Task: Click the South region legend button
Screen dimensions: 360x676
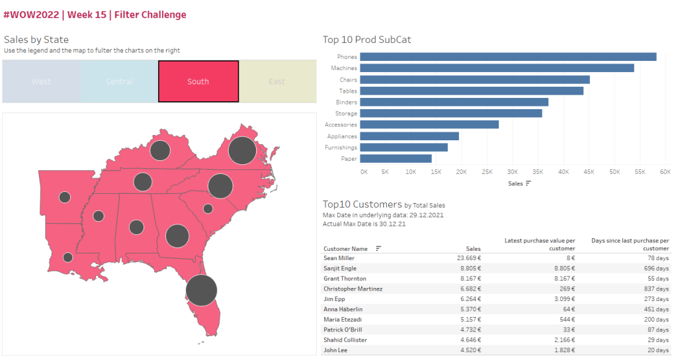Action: (x=198, y=81)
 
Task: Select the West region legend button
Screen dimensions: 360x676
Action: (x=41, y=81)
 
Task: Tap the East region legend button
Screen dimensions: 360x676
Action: (x=276, y=81)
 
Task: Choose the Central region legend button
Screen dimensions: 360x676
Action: (x=119, y=81)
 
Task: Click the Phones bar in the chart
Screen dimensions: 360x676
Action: (x=509, y=57)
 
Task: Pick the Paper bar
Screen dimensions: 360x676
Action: (x=396, y=159)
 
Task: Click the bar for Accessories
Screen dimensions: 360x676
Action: (x=430, y=124)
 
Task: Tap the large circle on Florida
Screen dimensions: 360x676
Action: (x=201, y=290)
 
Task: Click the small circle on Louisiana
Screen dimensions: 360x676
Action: (x=67, y=257)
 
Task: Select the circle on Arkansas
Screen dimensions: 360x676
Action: (x=65, y=197)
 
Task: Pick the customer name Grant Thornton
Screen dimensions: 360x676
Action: (x=345, y=279)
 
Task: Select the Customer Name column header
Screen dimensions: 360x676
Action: (x=345, y=248)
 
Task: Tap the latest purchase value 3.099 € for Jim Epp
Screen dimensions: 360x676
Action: (x=564, y=299)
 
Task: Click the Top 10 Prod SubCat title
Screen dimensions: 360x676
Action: (x=367, y=40)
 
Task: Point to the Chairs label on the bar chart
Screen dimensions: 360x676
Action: (x=348, y=79)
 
